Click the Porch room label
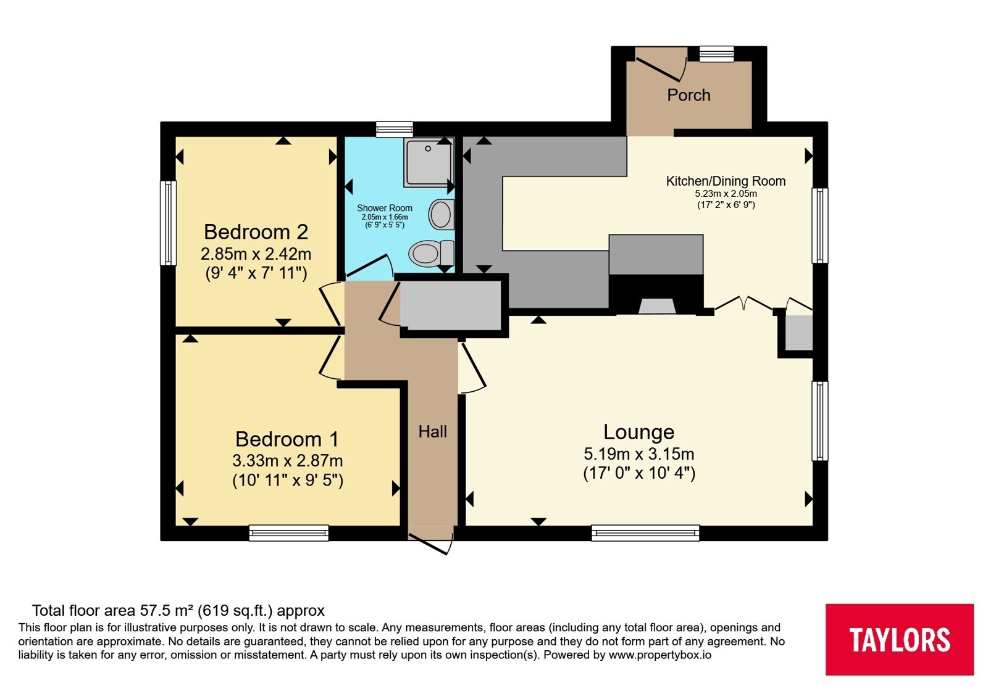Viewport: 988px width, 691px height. (x=689, y=95)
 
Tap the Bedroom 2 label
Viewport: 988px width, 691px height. (x=256, y=232)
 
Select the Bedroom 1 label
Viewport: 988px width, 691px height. (x=287, y=439)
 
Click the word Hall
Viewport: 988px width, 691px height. (x=433, y=432)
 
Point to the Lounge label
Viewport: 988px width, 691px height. (x=638, y=432)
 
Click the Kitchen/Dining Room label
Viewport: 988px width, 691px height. (x=726, y=181)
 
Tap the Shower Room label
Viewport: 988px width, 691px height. (x=385, y=208)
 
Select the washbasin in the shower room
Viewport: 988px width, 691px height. (x=442, y=215)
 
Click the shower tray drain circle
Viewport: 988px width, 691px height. (x=428, y=149)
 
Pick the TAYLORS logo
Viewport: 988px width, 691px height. (x=899, y=639)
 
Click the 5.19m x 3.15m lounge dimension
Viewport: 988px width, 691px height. (x=638, y=453)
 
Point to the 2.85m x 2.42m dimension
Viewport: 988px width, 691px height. (x=256, y=254)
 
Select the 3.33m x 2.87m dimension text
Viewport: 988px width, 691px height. (x=287, y=461)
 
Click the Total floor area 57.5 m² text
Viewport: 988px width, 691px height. (x=113, y=610)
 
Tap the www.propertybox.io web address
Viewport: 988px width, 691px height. (x=660, y=655)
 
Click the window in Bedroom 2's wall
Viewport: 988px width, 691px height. (x=168, y=223)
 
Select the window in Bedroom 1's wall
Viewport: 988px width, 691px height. (x=289, y=533)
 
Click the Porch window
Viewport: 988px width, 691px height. (x=717, y=54)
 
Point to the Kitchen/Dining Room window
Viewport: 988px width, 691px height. (x=820, y=226)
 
